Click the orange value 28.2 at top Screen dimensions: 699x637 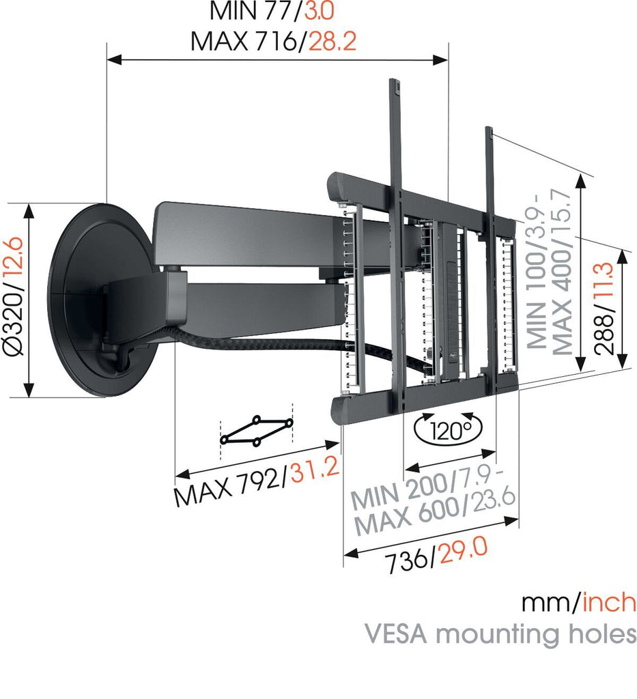click(332, 42)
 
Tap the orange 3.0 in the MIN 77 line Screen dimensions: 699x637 click(318, 12)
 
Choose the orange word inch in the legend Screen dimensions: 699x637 click(609, 603)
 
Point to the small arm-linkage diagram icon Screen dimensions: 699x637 click(257, 431)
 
